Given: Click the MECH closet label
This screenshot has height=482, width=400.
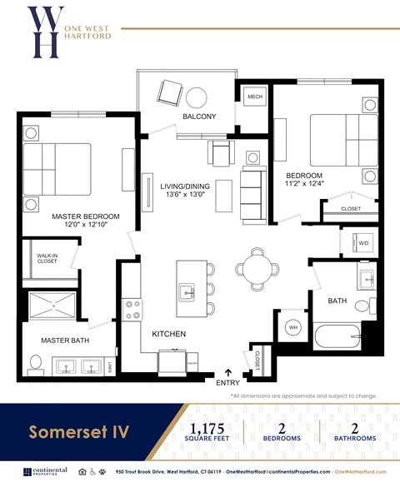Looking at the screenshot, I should coord(255,97).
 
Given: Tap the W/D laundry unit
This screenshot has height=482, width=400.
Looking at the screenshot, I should coord(362,242).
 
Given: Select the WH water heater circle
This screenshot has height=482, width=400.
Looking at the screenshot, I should coord(293,328).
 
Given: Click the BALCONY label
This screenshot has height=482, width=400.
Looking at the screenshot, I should coord(199,117).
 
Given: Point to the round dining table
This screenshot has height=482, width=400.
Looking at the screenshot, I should coord(253,267).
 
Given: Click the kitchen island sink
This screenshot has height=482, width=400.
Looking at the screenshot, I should coord(187,291).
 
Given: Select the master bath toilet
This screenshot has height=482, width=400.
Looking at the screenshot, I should coord(36,364).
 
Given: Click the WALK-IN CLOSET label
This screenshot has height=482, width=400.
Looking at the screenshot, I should coord(47,260).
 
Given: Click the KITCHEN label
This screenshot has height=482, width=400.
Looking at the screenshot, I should coord(168,334).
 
